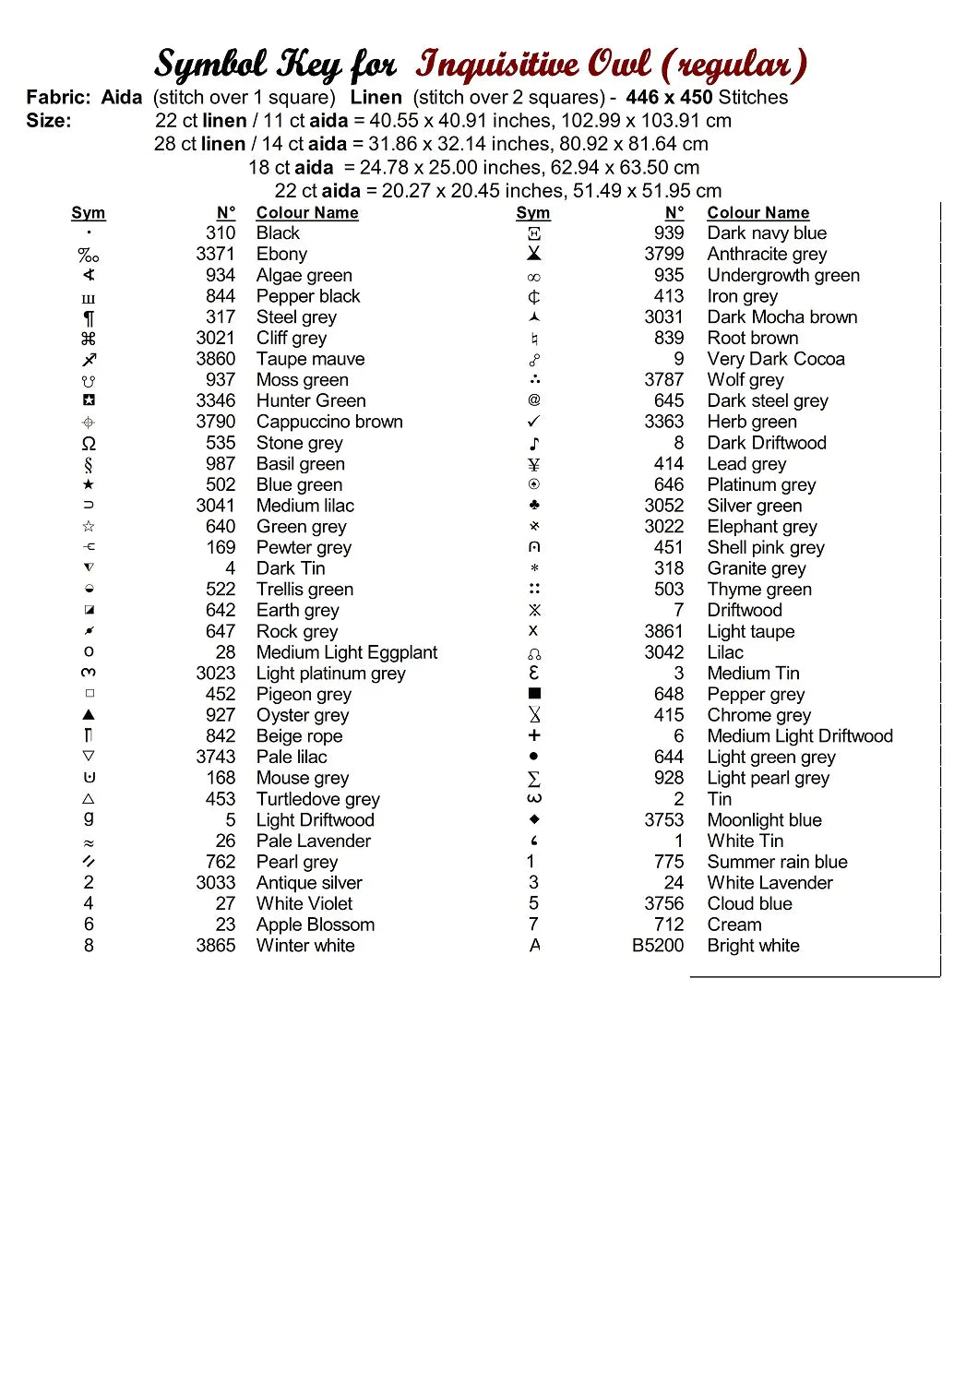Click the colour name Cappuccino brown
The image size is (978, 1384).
click(x=329, y=422)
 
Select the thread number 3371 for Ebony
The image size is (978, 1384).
click(x=215, y=254)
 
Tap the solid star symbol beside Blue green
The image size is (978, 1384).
click(x=89, y=484)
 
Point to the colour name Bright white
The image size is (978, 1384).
click(x=753, y=946)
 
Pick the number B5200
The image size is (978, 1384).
click(x=658, y=946)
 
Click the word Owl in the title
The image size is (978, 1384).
click(x=620, y=65)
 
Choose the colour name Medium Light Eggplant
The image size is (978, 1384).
click(x=347, y=652)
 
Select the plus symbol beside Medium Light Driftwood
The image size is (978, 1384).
click(x=534, y=735)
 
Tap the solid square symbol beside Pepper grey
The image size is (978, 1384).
click(x=534, y=693)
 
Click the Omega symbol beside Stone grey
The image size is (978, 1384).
click(x=89, y=443)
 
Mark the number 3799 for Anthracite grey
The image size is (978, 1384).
click(x=664, y=254)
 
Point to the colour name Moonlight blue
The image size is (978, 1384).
click(x=764, y=820)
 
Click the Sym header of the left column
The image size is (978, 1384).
click(x=89, y=213)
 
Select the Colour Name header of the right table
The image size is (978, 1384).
click(x=758, y=213)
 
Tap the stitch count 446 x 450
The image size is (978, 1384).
click(x=669, y=98)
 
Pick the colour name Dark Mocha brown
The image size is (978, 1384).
click(x=782, y=317)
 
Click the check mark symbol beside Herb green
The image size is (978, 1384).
click(x=534, y=422)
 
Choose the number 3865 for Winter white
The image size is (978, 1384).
click(x=215, y=946)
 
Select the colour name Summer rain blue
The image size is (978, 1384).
click(x=777, y=862)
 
